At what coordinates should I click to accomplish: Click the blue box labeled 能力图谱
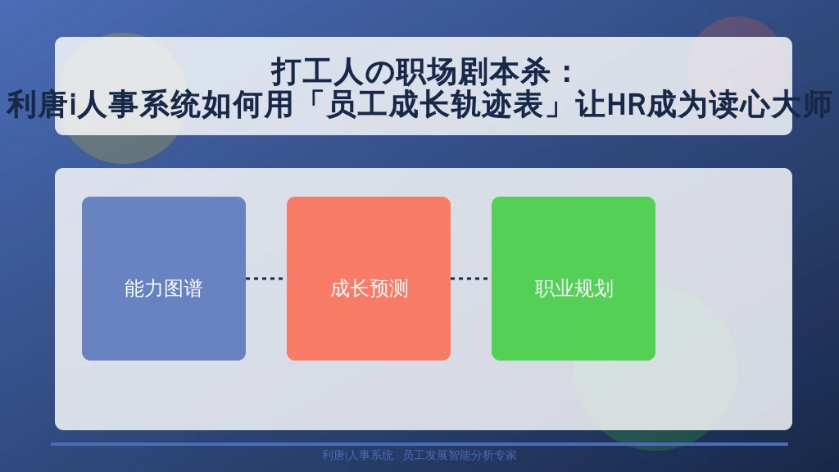click(x=164, y=279)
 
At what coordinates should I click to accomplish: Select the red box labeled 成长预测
click(x=369, y=279)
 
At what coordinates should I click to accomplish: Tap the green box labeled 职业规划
click(x=574, y=279)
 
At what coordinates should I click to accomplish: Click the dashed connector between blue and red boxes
click(x=266, y=279)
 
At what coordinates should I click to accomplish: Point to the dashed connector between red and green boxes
click(x=471, y=279)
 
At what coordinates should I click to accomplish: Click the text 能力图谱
click(x=164, y=288)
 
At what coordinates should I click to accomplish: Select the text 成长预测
click(x=369, y=288)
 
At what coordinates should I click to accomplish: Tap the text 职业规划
click(x=574, y=288)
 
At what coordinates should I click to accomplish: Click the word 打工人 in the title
click(x=317, y=72)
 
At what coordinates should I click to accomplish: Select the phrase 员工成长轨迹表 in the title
click(x=434, y=104)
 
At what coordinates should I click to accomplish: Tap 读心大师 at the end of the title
click(x=770, y=104)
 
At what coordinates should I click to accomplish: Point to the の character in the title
click(x=379, y=72)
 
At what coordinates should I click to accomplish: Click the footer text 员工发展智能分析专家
click(x=460, y=455)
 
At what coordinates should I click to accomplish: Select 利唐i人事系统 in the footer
click(x=357, y=455)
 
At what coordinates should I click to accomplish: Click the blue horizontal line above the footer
click(x=419, y=444)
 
